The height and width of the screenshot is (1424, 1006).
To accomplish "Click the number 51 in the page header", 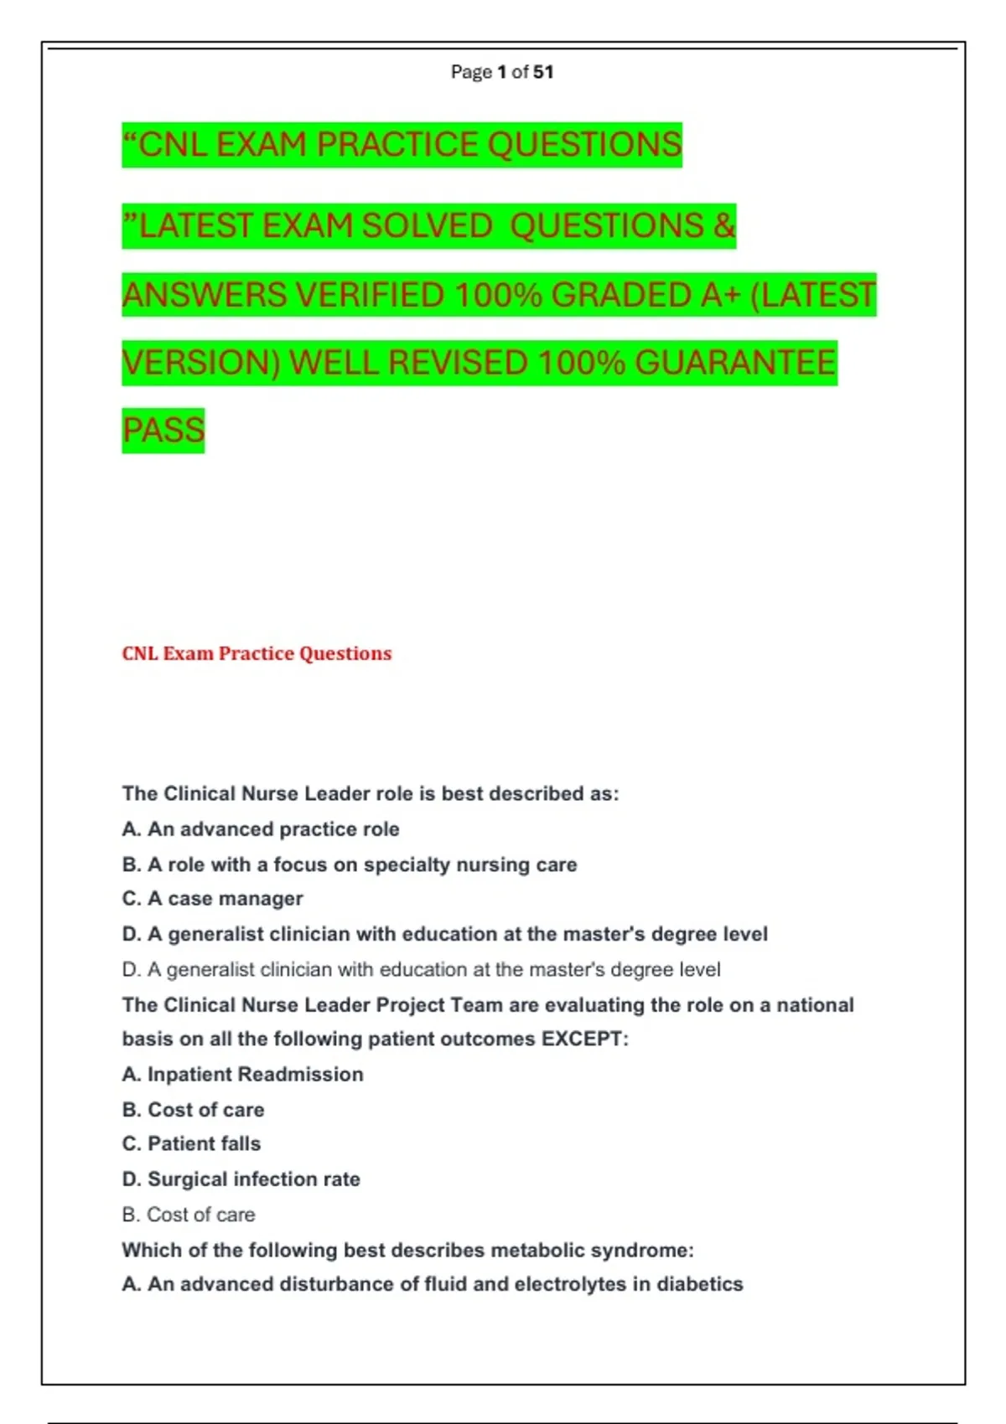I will [543, 72].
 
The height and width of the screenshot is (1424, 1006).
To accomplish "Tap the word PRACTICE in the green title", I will [398, 145].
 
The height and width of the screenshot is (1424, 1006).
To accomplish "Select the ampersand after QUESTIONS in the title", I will [724, 226].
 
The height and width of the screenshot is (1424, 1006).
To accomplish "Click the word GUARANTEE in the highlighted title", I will [735, 363].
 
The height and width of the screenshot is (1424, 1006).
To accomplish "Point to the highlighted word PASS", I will [163, 431].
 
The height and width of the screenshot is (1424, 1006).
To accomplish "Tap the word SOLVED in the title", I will [427, 226].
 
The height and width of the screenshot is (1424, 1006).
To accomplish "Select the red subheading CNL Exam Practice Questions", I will [257, 653].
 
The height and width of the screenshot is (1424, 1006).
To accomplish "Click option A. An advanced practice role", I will [261, 829].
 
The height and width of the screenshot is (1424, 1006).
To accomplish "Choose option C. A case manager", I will [212, 899].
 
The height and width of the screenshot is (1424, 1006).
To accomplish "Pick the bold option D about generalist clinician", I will [444, 934].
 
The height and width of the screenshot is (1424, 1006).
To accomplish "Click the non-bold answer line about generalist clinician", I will [421, 970].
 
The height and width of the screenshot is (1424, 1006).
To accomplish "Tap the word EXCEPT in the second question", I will [583, 1040].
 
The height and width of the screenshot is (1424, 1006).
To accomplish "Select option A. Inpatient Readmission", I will [242, 1075].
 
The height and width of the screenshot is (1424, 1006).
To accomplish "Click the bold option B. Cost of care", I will [193, 1110].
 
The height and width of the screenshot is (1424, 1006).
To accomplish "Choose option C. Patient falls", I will [191, 1144].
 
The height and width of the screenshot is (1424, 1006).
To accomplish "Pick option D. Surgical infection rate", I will [241, 1179].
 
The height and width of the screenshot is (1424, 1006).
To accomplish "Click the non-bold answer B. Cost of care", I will [188, 1215].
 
